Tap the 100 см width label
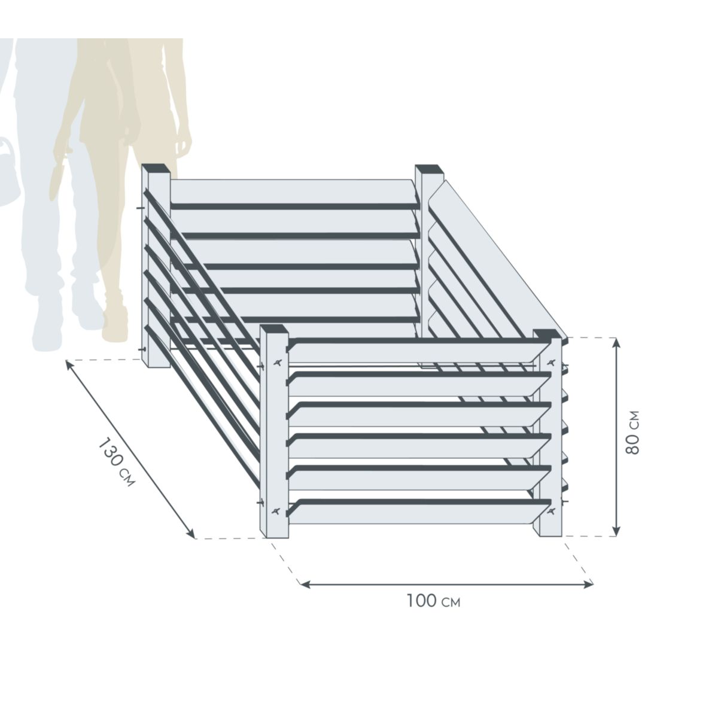tap(434, 601)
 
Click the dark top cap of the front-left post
tap(274, 329)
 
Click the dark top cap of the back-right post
tap(429, 169)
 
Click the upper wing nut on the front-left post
tap(277, 363)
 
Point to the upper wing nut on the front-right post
tap(550, 363)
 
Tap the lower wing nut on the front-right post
tap(550, 510)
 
